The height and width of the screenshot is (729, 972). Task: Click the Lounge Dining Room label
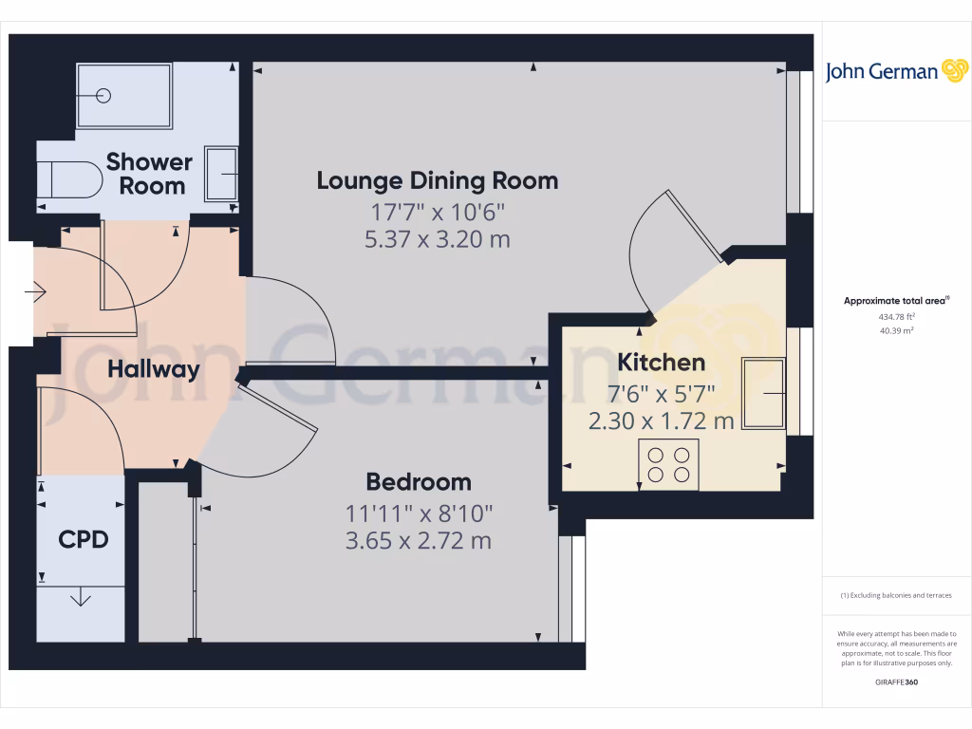pos(437,180)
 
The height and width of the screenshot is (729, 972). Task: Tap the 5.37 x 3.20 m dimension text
pos(437,239)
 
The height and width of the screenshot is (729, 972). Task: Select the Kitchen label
pos(662,363)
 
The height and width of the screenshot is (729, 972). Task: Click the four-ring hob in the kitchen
pos(668,464)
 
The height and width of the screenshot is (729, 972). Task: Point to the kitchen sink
pos(764,393)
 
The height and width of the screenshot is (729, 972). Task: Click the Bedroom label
pos(419,482)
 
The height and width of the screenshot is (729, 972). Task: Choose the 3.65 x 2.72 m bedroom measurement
pos(419,542)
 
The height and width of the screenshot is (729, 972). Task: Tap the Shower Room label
pos(149,174)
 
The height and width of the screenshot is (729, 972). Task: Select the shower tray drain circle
pos(105,96)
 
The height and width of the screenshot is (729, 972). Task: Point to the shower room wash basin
pos(222,174)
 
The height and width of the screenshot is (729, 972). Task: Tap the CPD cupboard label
pos(84,540)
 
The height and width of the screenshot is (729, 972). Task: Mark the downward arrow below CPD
pos(81,597)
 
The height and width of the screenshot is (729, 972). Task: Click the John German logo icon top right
pos(954,70)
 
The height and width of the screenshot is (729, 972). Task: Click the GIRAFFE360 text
pos(897,682)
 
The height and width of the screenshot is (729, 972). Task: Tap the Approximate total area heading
pos(896,301)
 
